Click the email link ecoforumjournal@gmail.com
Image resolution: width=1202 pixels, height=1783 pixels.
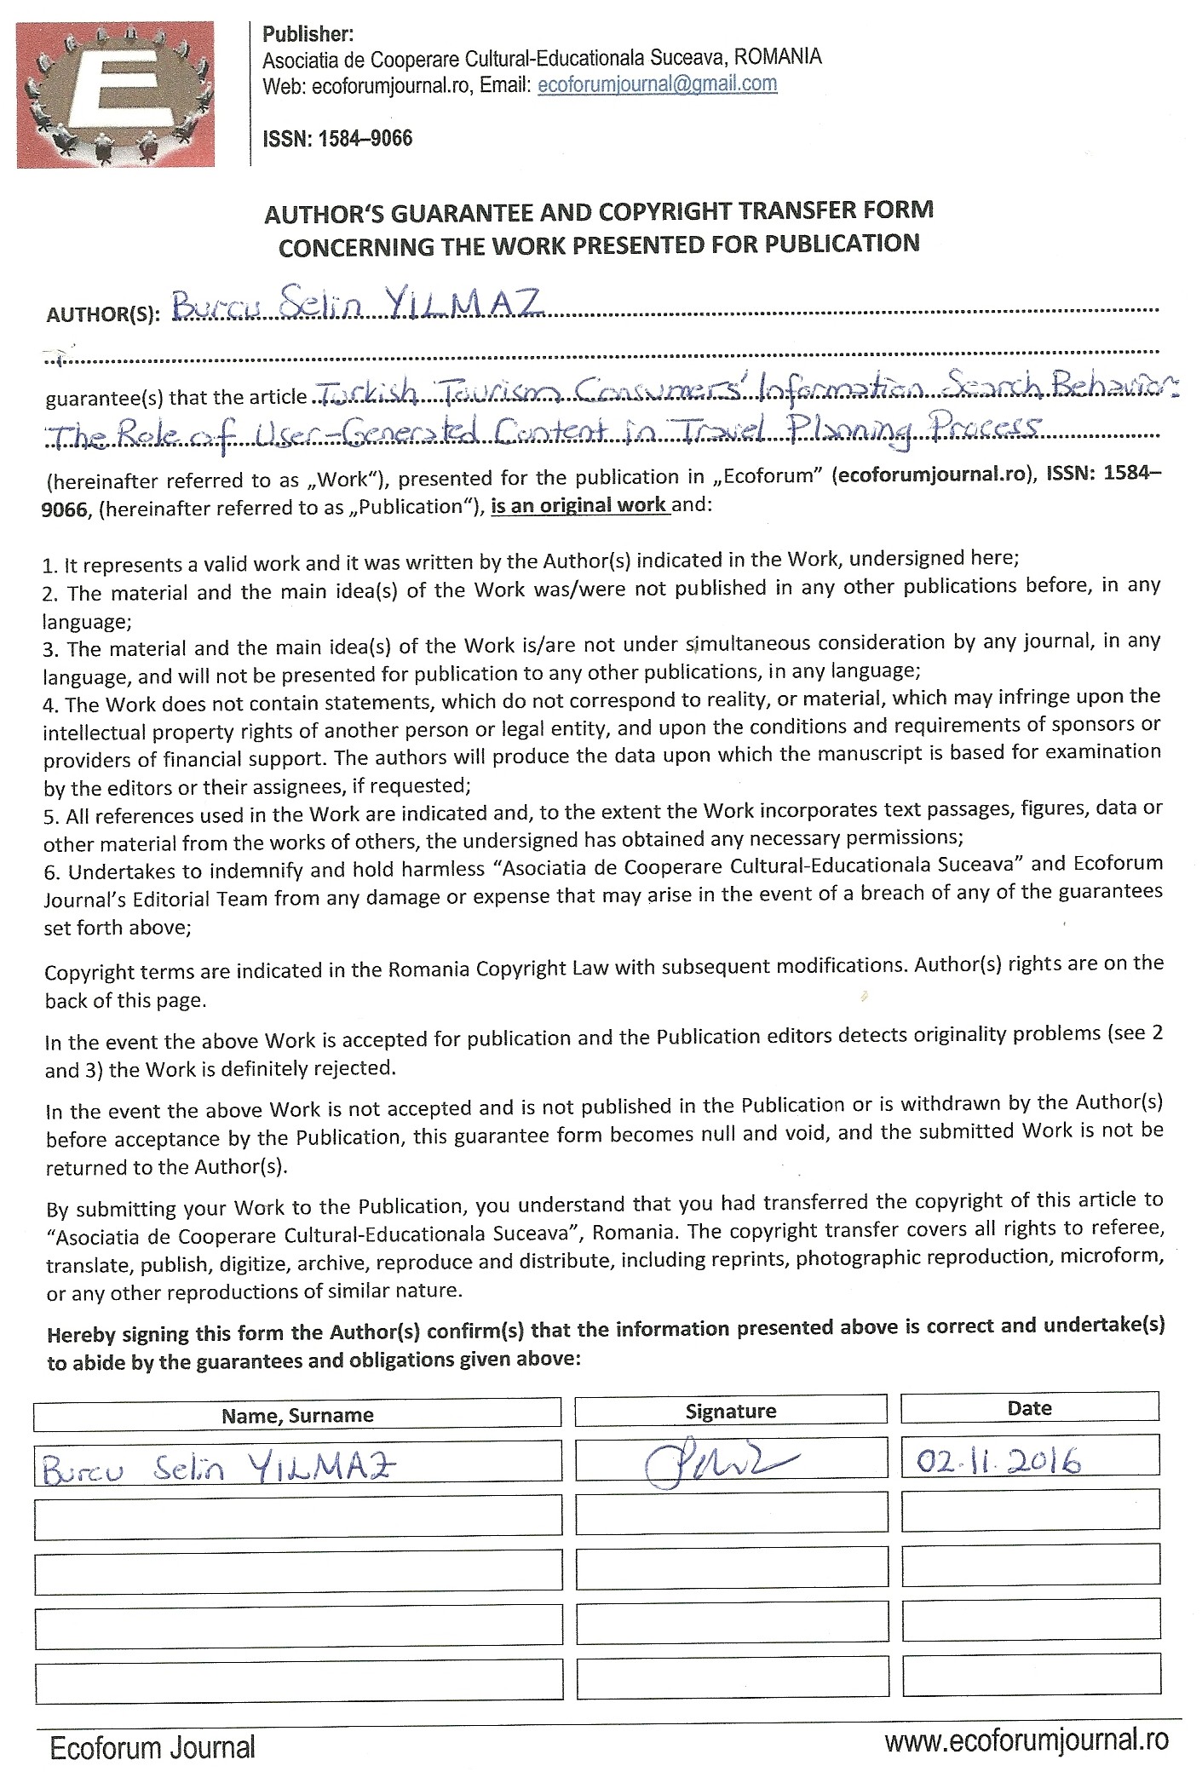coord(657,84)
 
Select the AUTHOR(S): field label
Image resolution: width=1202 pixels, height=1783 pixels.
coord(102,314)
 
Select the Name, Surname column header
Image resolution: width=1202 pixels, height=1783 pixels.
coord(297,1415)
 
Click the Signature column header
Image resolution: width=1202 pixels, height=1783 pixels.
coord(730,1411)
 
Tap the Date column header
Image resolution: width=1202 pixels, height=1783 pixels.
coord(1029,1408)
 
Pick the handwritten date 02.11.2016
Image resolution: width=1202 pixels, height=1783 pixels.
coord(998,1462)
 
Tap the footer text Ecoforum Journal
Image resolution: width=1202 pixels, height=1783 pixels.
coord(152,1749)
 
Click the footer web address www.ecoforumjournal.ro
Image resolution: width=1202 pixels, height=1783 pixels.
coord(1027,1740)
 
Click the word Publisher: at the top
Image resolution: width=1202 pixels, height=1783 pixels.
coord(308,35)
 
